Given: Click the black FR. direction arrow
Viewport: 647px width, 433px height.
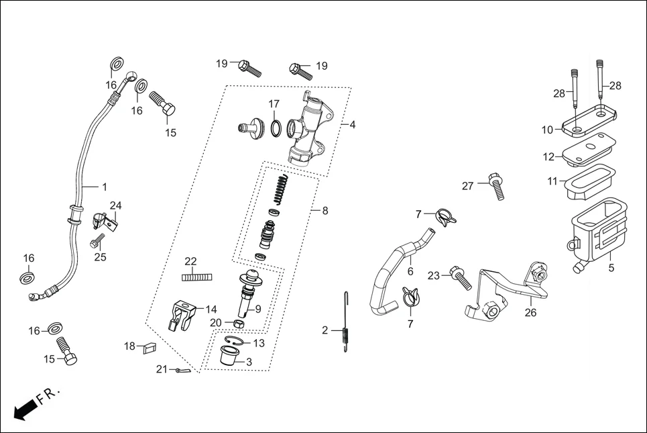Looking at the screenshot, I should (x=24, y=409).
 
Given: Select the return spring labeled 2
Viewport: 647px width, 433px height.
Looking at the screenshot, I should (x=345, y=329).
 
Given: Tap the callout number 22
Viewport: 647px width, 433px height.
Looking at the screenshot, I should (x=190, y=261).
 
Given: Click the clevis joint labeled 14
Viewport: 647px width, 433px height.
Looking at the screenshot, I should (x=182, y=314).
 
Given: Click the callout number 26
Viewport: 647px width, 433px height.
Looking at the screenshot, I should (x=530, y=313).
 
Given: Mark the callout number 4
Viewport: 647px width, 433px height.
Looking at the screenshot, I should (x=353, y=125).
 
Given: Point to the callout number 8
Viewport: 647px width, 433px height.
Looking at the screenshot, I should (x=325, y=210).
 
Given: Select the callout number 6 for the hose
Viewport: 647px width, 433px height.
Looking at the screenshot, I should (x=410, y=272).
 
